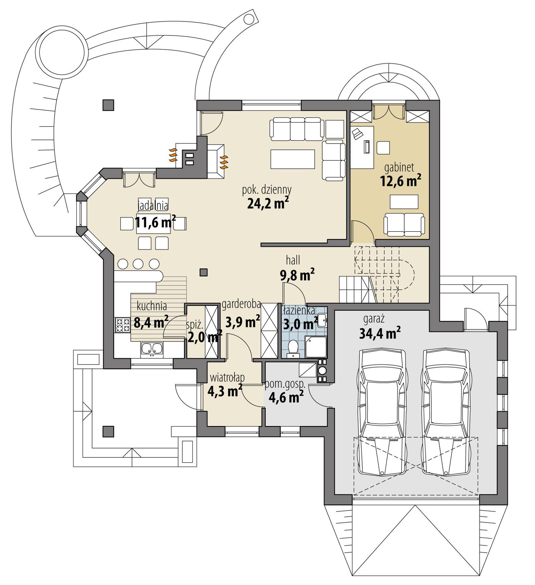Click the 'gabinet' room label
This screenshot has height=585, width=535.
(x=399, y=167)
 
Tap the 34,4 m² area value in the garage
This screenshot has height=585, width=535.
(x=380, y=334)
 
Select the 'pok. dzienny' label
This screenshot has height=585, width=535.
(x=266, y=189)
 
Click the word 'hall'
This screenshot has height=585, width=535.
(x=293, y=260)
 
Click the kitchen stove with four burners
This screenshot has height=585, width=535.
(x=122, y=325)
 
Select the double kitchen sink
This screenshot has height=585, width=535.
(x=151, y=348)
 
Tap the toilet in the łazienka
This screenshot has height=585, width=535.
(x=293, y=347)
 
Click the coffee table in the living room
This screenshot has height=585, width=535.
(x=293, y=159)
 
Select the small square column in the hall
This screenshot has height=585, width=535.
(x=203, y=272)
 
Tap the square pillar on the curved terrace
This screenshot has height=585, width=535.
(x=108, y=105)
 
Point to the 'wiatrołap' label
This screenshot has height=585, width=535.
(x=227, y=378)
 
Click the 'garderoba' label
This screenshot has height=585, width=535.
(x=241, y=304)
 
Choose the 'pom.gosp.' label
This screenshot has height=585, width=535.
(x=285, y=384)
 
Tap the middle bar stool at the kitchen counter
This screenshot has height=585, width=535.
(x=138, y=264)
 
